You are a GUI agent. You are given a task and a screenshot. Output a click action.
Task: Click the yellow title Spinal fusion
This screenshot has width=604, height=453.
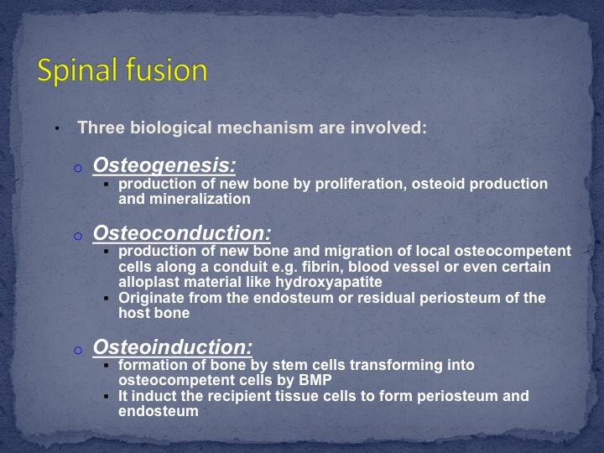click(x=122, y=70)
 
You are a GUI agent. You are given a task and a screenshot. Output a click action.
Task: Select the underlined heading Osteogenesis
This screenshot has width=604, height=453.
click(x=164, y=165)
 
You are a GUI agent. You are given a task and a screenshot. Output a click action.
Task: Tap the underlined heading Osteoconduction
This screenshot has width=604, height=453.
click(x=182, y=233)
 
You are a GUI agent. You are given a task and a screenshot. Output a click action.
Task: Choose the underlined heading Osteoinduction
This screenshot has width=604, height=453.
click(x=173, y=346)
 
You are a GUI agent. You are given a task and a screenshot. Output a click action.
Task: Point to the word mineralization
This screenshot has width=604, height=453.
click(x=200, y=199)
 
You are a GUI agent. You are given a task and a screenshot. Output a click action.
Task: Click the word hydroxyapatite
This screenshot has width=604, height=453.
click(x=329, y=283)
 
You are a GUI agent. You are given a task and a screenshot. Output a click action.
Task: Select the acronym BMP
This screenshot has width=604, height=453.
click(x=315, y=380)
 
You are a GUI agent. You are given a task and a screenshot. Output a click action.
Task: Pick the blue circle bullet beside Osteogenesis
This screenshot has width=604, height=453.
click(x=78, y=168)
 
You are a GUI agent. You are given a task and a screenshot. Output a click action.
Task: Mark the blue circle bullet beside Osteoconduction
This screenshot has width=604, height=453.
click(x=78, y=236)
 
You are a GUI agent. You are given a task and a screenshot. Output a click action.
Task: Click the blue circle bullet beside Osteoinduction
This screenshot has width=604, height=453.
click(x=78, y=350)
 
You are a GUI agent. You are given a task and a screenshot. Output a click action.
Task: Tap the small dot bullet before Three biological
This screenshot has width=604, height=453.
click(x=57, y=128)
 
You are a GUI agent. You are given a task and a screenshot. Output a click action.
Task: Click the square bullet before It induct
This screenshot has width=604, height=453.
click(x=107, y=396)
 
